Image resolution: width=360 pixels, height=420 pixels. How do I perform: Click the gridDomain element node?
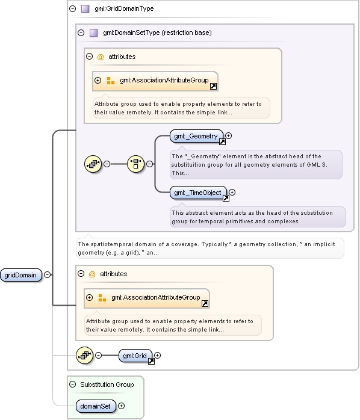pyautogui.click(x=21, y=275)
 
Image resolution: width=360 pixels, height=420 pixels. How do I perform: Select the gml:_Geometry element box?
pyautogui.click(x=196, y=136)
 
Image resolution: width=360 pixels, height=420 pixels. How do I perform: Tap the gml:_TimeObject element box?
pyautogui.click(x=198, y=193)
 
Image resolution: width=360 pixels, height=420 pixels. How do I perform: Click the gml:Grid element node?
pyautogui.click(x=135, y=356)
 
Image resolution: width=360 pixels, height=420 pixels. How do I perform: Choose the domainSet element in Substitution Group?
pyautogui.click(x=96, y=406)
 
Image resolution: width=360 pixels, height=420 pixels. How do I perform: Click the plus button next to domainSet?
pyautogui.click(x=122, y=406)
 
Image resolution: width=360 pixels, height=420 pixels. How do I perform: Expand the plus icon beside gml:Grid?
pyautogui.click(x=157, y=355)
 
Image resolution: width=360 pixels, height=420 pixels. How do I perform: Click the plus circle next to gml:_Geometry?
pyautogui.click(x=228, y=136)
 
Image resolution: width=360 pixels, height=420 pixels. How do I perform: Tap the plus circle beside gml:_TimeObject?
pyautogui.click(x=232, y=193)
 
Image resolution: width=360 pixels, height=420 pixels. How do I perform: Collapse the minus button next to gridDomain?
pyautogui.click(x=47, y=274)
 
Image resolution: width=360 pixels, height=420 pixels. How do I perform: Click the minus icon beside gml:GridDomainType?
pyautogui.click(x=73, y=8)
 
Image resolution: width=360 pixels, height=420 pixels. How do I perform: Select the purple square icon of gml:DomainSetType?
pyautogui.click(x=93, y=32)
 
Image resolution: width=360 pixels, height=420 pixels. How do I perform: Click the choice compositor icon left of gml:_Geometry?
pyautogui.click(x=135, y=164)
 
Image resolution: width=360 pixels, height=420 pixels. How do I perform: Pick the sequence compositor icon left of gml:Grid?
pyautogui.click(x=85, y=356)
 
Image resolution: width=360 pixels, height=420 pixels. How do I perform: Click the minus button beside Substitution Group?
pyautogui.click(x=73, y=384)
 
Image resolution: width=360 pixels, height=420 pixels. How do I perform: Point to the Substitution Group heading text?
pyautogui.click(x=107, y=384)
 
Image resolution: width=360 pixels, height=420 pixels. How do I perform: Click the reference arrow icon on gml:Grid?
pyautogui.click(x=151, y=362)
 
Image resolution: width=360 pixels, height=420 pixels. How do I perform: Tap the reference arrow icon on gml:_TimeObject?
pyautogui.click(x=226, y=198)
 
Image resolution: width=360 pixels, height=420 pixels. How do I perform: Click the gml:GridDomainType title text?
pyautogui.click(x=124, y=8)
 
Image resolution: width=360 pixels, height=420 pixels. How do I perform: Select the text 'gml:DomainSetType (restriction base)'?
pyautogui.click(x=157, y=32)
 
